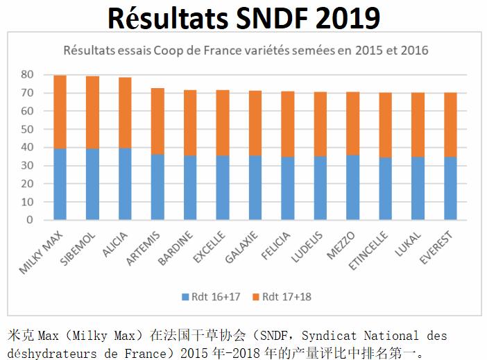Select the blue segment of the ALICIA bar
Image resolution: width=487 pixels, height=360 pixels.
[x=125, y=184]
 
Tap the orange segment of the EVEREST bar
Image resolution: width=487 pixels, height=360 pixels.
[x=450, y=125]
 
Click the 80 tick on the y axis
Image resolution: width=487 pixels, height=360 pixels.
[x=27, y=75]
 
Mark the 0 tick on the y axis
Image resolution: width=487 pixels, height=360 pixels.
[x=30, y=220]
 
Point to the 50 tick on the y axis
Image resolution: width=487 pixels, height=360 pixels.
[x=27, y=130]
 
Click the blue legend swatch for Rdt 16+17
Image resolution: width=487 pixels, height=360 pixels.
[x=185, y=296]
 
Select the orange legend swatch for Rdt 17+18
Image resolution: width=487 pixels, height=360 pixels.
[x=257, y=296]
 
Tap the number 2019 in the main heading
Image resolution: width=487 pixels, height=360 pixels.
[x=340, y=17]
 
